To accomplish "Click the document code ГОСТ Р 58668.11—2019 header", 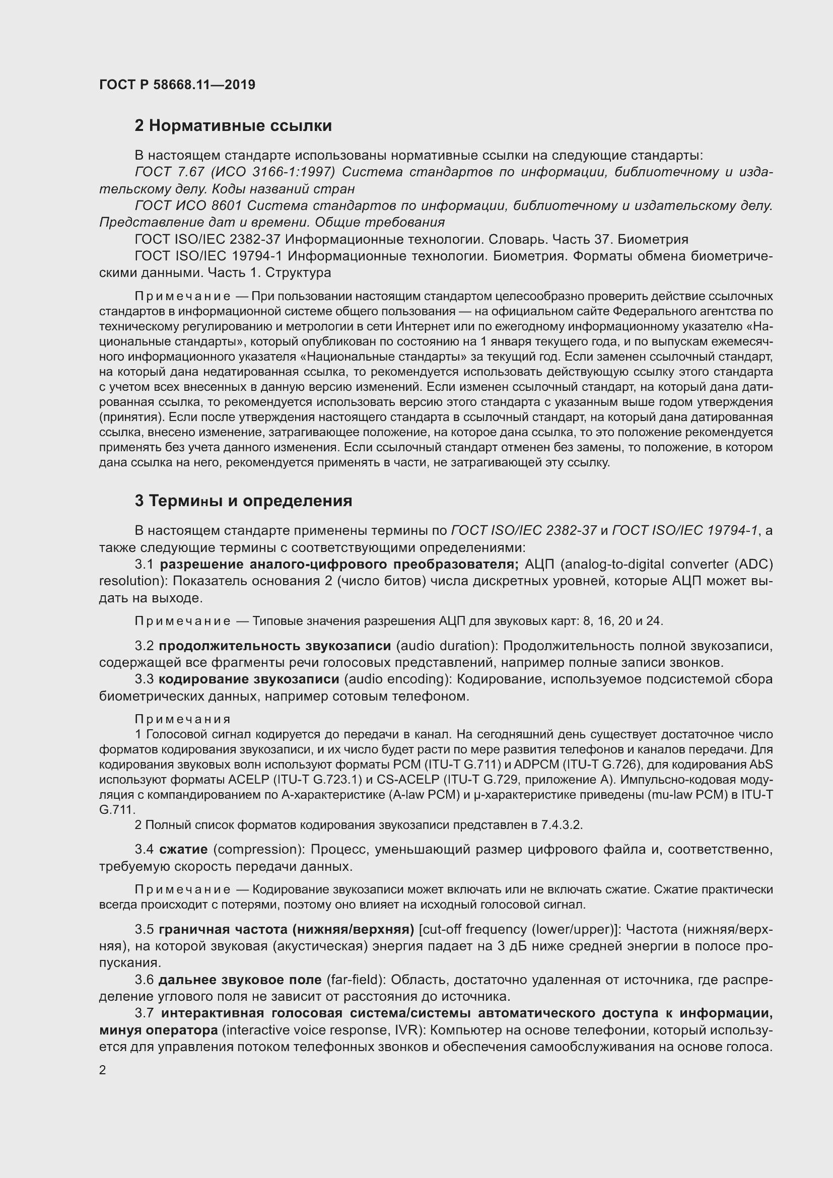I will pos(177,85).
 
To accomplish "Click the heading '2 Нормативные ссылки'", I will pos(233,126).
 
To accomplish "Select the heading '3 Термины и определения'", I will pos(243,501).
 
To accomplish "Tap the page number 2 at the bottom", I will pos(103,1070).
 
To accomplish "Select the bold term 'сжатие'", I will pos(183,849).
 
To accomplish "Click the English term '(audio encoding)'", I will pos(397,679).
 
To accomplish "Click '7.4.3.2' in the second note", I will pos(562,825).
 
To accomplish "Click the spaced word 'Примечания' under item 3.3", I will pos(183,719).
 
